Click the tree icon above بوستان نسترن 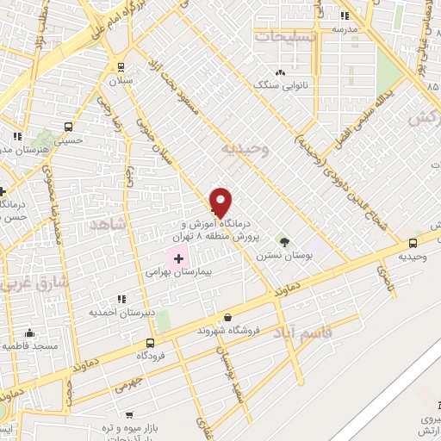point(281,242)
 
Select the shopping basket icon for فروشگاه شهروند point(227,317)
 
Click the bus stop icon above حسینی point(16,136)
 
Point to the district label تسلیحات point(285,37)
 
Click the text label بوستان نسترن point(281,256)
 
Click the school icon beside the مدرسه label point(343,15)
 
